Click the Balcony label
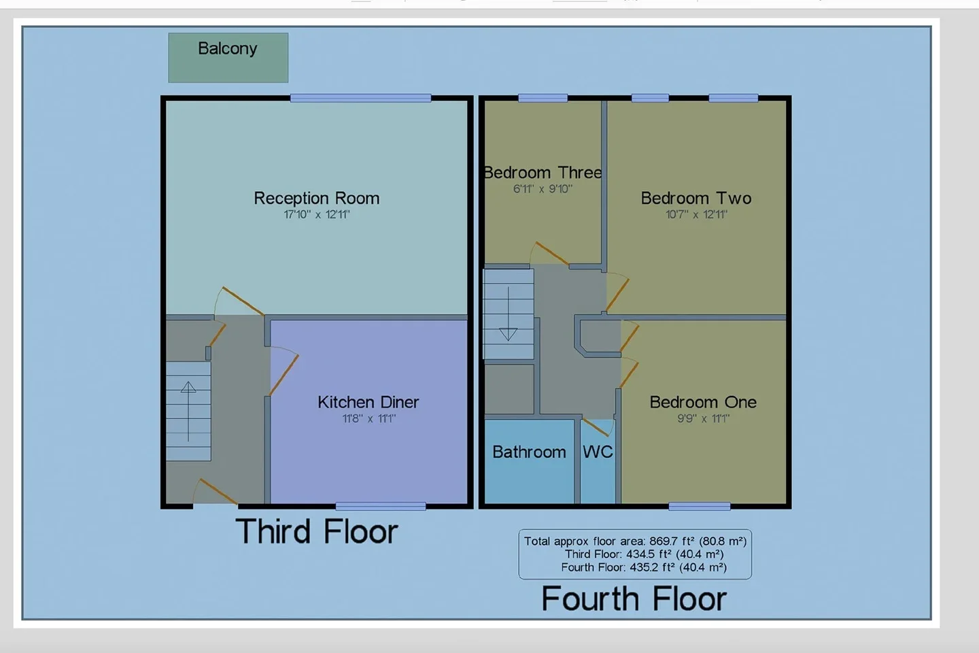227,48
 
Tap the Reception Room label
316,198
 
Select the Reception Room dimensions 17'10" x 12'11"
316,214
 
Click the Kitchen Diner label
368,402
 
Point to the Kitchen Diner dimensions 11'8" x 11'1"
368,418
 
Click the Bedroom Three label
543,173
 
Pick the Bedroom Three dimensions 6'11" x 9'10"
543,189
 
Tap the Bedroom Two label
695,198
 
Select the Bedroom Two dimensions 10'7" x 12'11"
695,214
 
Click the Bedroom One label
703,402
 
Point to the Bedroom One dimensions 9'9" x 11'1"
703,418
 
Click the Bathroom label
529,452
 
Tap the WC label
598,452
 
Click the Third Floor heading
316,531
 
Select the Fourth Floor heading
634,599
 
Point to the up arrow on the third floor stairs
188,412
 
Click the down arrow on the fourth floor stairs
509,314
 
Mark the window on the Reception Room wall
360,98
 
